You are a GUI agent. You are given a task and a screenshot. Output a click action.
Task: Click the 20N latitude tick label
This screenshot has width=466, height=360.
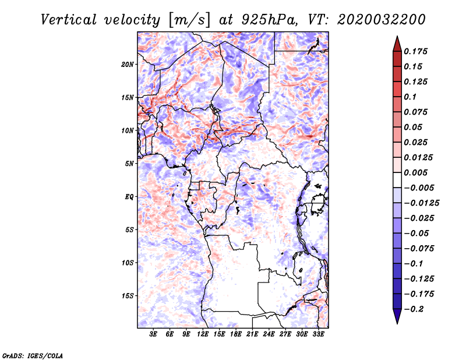(x=128, y=65)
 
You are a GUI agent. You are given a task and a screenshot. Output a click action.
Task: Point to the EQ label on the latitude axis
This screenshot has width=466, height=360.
(x=129, y=197)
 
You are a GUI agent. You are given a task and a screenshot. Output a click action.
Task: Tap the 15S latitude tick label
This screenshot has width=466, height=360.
(x=128, y=296)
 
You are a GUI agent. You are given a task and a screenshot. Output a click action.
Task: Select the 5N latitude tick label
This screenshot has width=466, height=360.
(x=129, y=164)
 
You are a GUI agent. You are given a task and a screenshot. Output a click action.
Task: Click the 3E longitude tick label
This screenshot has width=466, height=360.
(x=153, y=334)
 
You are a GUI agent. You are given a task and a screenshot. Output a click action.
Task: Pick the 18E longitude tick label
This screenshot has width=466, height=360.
(x=236, y=334)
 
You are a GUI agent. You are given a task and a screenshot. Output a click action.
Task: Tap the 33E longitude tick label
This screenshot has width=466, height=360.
(x=318, y=334)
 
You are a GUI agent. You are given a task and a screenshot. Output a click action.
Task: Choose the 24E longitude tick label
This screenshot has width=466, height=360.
(x=269, y=334)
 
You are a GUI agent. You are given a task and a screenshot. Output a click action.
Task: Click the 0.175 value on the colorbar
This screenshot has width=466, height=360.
(x=415, y=51)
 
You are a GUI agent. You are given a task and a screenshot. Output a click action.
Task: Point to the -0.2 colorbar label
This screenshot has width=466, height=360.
(x=414, y=309)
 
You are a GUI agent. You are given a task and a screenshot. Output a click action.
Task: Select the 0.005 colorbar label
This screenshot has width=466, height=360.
(x=415, y=172)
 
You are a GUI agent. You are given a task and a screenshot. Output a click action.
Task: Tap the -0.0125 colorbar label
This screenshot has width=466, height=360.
(x=421, y=203)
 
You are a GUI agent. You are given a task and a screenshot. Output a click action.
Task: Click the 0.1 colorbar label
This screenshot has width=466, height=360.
(x=410, y=97)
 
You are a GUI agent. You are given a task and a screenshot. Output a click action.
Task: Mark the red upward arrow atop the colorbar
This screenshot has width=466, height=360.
(x=397, y=44)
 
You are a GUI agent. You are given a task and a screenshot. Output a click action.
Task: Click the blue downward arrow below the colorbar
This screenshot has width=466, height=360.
(x=397, y=316)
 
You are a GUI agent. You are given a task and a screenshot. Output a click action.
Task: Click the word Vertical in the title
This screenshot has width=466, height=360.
(x=69, y=20)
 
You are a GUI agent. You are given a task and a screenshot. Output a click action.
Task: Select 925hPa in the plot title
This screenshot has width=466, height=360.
(x=270, y=20)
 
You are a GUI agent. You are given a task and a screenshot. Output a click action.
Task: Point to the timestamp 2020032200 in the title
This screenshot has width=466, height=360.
(x=382, y=20)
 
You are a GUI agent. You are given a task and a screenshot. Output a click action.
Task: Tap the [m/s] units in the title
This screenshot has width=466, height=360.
(x=189, y=20)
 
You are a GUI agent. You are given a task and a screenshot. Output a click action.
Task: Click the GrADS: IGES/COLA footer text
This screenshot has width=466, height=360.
(x=33, y=355)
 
